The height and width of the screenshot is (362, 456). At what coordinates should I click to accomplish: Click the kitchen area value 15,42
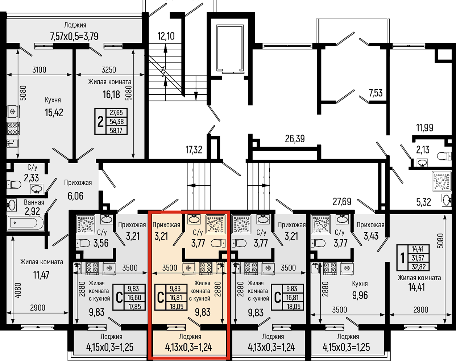pyautogui.click(x=54, y=113)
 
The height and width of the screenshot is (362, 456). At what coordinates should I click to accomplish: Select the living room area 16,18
pyautogui.click(x=111, y=94)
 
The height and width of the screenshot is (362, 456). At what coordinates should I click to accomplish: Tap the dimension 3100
pyautogui.click(x=39, y=70)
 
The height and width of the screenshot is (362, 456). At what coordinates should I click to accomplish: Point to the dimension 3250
pyautogui.click(x=109, y=70)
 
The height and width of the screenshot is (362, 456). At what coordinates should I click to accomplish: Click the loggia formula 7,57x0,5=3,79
pyautogui.click(x=74, y=37)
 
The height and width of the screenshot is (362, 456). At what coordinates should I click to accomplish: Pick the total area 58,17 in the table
pyautogui.click(x=116, y=130)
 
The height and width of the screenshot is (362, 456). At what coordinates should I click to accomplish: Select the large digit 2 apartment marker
pyautogui.click(x=100, y=122)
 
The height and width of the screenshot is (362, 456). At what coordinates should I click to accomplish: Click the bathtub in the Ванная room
pyautogui.click(x=25, y=223)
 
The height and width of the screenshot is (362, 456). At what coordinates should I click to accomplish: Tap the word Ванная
pyautogui.click(x=34, y=202)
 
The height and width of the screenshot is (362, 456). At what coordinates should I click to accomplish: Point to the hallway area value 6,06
pyautogui.click(x=76, y=196)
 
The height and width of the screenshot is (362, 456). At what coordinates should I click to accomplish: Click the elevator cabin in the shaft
pyautogui.click(x=230, y=49)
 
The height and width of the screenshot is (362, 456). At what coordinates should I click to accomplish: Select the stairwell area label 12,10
pyautogui.click(x=166, y=36)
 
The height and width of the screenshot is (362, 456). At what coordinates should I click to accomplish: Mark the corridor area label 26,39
pyautogui.click(x=295, y=139)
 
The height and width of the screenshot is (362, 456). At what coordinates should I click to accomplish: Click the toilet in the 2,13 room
pyautogui.click(x=444, y=156)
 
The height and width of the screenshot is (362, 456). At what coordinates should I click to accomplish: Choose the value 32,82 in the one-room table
pyautogui.click(x=419, y=267)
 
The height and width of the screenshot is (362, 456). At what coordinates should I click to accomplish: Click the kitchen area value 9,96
pyautogui.click(x=360, y=295)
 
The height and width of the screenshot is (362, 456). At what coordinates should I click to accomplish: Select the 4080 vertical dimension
pyautogui.click(x=18, y=290)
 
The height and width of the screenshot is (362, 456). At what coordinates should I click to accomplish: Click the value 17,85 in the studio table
pyautogui.click(x=134, y=306)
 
